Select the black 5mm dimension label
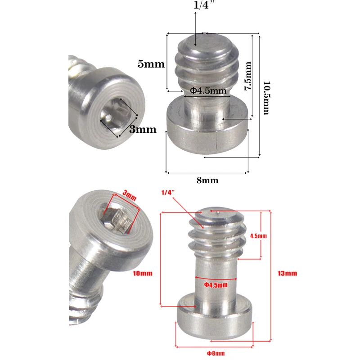pos(151,64)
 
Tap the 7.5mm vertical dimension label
pos(247,77)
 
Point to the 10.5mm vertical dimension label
pos(266,98)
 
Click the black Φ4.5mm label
pos(207,91)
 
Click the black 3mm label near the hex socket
pos(142,130)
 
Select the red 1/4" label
pos(167,192)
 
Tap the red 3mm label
pos(129,196)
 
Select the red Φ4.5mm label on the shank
pos(216,284)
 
